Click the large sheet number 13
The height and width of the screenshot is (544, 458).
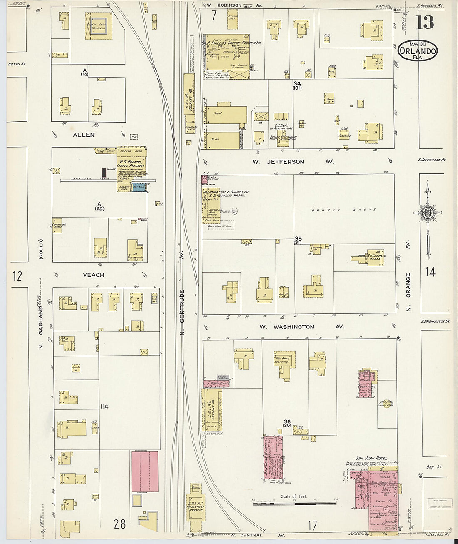[425, 23]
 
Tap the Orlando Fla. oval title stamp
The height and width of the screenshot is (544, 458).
[417, 51]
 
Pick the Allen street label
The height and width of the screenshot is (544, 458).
[84, 135]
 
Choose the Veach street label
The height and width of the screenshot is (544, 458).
[93, 275]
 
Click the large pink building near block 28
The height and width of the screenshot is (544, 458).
[144, 471]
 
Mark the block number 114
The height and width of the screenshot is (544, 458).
[104, 406]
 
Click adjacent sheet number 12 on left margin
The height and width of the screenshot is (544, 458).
[17, 276]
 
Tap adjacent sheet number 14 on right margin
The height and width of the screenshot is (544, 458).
[430, 272]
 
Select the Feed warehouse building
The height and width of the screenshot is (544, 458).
[225, 114]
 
